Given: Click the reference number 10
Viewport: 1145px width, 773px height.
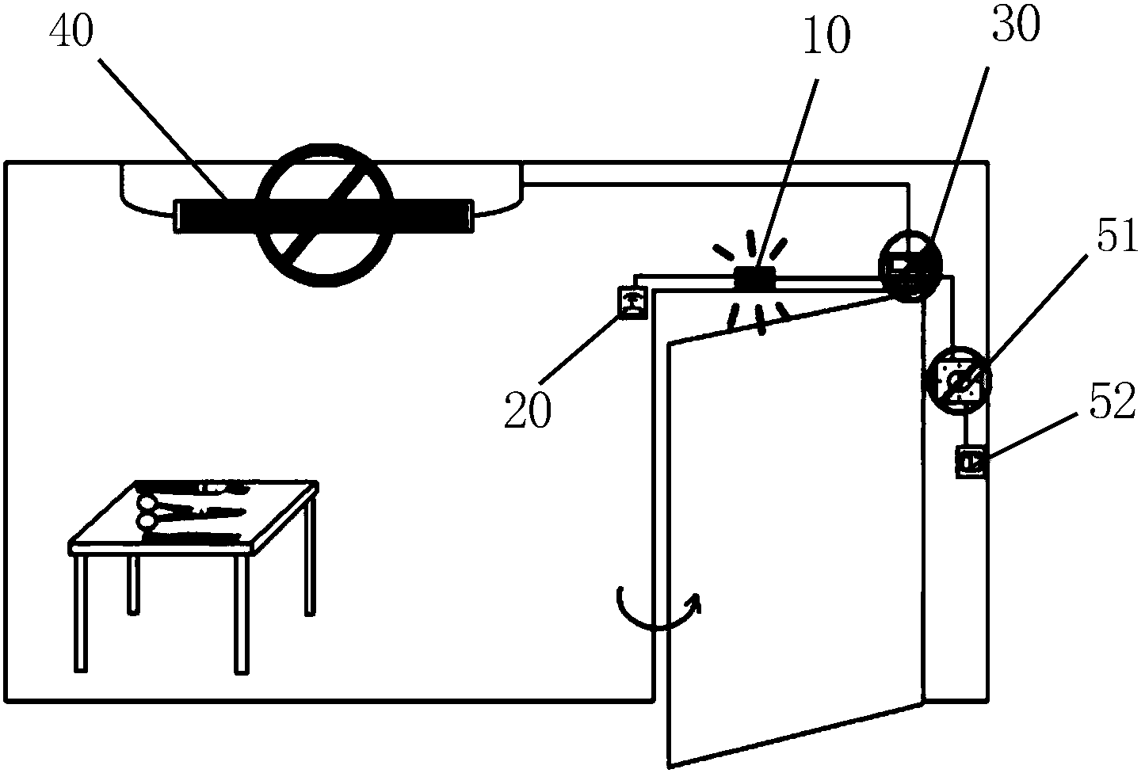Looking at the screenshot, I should click(x=826, y=38).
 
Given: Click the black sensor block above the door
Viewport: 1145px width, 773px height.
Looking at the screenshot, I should click(x=754, y=278).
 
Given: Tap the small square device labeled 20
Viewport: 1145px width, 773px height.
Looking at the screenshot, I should click(x=632, y=301).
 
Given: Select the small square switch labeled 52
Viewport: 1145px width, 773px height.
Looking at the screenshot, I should click(x=970, y=461).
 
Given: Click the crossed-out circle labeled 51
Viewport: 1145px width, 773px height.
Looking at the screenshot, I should click(x=957, y=383).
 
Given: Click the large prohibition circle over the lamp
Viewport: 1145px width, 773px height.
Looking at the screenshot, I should click(x=326, y=208).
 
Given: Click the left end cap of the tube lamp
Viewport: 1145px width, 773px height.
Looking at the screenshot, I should click(x=178, y=215).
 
